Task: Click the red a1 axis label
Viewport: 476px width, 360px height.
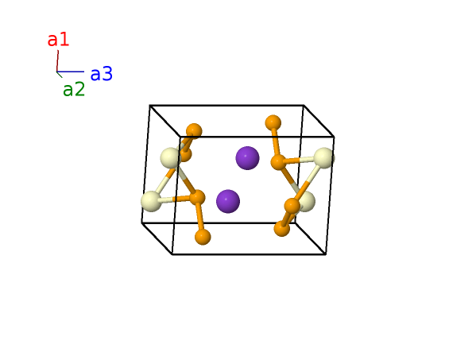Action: click(58, 40)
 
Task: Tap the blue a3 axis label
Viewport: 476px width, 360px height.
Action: click(102, 74)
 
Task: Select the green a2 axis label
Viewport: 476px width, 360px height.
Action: click(74, 90)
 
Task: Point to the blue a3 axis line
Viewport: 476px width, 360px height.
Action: click(71, 72)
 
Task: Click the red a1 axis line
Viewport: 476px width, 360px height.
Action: click(57, 61)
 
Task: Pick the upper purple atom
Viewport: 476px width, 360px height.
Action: click(247, 158)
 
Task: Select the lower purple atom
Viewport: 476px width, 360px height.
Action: click(228, 201)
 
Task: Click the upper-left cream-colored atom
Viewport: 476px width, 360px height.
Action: click(171, 158)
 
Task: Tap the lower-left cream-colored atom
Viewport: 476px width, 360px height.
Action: click(151, 201)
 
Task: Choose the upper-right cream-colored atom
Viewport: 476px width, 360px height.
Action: click(324, 158)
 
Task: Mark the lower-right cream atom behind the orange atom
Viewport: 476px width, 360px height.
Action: click(306, 201)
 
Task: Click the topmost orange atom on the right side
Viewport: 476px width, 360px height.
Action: click(273, 123)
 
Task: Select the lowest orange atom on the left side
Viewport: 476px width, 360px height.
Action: click(203, 237)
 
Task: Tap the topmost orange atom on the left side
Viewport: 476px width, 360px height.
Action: click(194, 131)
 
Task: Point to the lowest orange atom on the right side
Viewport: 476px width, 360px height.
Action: click(282, 229)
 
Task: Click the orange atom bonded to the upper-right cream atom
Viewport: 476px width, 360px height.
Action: click(278, 162)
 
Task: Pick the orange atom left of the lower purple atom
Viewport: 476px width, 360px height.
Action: click(197, 198)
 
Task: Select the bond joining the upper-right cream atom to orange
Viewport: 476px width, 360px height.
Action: click(300, 160)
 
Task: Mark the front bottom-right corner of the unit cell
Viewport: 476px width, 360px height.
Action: click(326, 254)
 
